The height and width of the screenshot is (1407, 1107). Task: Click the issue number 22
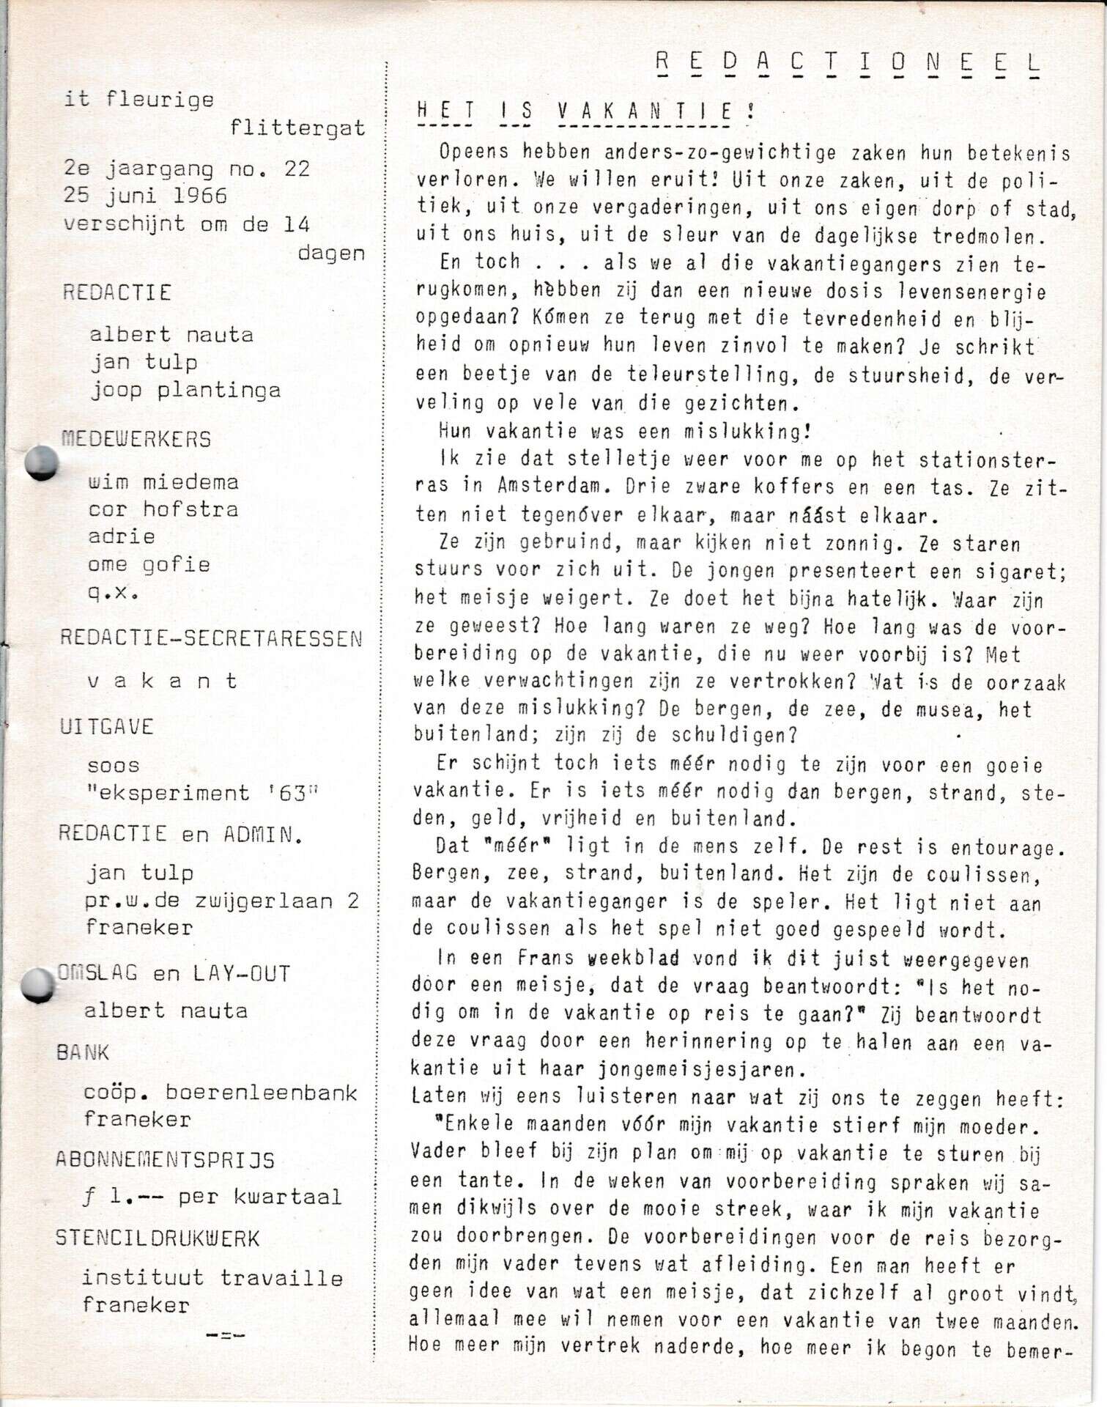click(x=297, y=169)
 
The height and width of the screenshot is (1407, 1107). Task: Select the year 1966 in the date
click(x=200, y=196)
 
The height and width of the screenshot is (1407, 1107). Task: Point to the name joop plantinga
click(x=185, y=390)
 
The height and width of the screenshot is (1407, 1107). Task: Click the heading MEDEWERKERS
click(x=136, y=439)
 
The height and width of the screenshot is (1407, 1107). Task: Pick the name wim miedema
click(x=163, y=482)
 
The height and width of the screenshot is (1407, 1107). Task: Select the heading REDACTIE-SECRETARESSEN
click(x=211, y=638)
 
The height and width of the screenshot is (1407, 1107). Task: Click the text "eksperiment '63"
click(x=203, y=793)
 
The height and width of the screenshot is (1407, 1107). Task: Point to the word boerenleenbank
click(x=262, y=1092)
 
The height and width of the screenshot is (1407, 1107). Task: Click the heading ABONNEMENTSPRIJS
click(x=165, y=1160)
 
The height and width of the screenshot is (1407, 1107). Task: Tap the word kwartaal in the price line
click(x=287, y=1197)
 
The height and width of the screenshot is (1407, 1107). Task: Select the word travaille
click(x=281, y=1278)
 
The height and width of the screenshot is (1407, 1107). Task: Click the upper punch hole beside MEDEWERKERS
click(x=42, y=464)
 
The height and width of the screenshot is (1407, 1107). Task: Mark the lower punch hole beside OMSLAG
click(x=38, y=985)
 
